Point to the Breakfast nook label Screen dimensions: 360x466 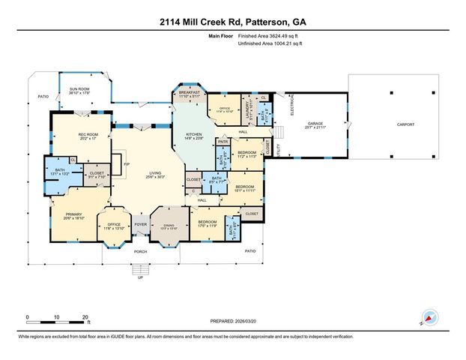(189, 94)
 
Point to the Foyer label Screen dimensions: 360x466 (140, 223)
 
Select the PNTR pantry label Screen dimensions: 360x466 (223, 141)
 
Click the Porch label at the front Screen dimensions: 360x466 (139, 252)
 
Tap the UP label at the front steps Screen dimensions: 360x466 (139, 277)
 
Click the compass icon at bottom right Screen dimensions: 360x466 (431, 317)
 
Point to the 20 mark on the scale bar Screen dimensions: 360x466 (85, 317)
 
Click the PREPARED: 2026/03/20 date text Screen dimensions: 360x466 (233, 322)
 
